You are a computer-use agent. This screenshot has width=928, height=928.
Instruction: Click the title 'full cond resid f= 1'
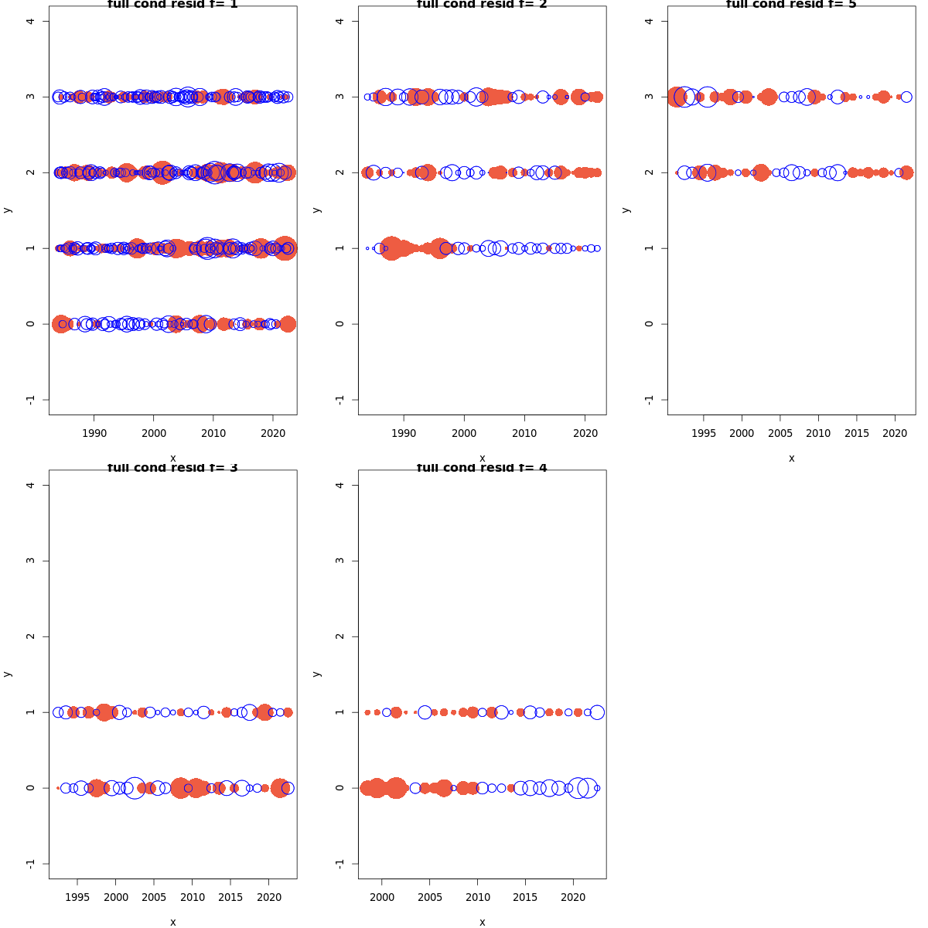pos(172,5)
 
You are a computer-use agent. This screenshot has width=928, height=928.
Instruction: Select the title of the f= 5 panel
pos(791,5)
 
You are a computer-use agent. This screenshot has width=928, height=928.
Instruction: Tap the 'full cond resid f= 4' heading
pos(482,468)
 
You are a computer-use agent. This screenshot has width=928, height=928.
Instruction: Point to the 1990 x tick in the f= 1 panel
pos(94,434)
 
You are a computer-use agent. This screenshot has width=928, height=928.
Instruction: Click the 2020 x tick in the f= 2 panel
pos(585,434)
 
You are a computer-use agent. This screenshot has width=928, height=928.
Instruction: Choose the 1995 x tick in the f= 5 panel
pos(704,434)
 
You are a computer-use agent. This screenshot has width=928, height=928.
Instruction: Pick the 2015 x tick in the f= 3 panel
pos(230,898)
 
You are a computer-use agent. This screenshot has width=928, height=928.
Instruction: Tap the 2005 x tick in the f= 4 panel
pos(430,898)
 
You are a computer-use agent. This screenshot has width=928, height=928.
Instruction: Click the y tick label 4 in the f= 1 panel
pos(31,21)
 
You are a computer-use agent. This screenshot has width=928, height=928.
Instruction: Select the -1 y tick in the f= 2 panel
pos(340,399)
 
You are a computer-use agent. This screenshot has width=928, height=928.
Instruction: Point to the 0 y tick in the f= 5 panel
pos(650,323)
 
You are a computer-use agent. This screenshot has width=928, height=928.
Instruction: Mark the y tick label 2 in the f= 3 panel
pos(31,636)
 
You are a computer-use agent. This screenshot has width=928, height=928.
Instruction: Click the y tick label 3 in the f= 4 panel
pos(340,561)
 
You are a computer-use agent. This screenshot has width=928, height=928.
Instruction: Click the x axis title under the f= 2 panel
pos(482,458)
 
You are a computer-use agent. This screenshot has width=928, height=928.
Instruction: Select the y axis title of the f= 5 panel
pos(626,210)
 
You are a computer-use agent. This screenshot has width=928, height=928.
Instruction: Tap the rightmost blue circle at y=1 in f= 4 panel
pos(597,712)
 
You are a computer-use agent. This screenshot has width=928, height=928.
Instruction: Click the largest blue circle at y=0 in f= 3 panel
pos(135,788)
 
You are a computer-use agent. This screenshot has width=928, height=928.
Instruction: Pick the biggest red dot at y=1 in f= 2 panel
pos(391,248)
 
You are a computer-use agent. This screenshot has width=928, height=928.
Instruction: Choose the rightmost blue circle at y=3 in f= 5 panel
pos(906,97)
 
